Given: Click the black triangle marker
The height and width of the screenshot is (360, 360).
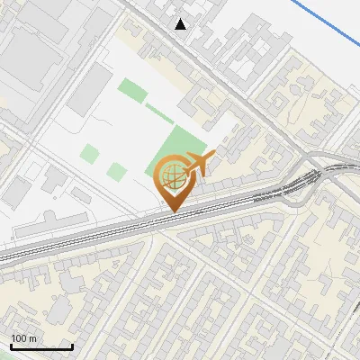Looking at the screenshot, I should [181, 24].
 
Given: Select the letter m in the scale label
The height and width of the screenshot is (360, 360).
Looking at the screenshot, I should [32, 338].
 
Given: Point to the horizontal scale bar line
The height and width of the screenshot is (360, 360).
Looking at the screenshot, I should [41, 347].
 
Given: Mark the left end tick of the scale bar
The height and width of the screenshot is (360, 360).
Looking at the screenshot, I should [12, 346].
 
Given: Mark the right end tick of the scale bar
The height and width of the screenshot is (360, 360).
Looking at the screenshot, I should [72, 346].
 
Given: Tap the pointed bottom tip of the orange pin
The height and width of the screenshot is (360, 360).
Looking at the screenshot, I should [171, 211].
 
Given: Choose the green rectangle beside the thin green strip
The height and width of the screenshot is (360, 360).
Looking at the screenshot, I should [132, 90].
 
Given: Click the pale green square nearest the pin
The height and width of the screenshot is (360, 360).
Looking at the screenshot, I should [117, 171].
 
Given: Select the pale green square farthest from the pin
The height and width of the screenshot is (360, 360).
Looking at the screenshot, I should [89, 153].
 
